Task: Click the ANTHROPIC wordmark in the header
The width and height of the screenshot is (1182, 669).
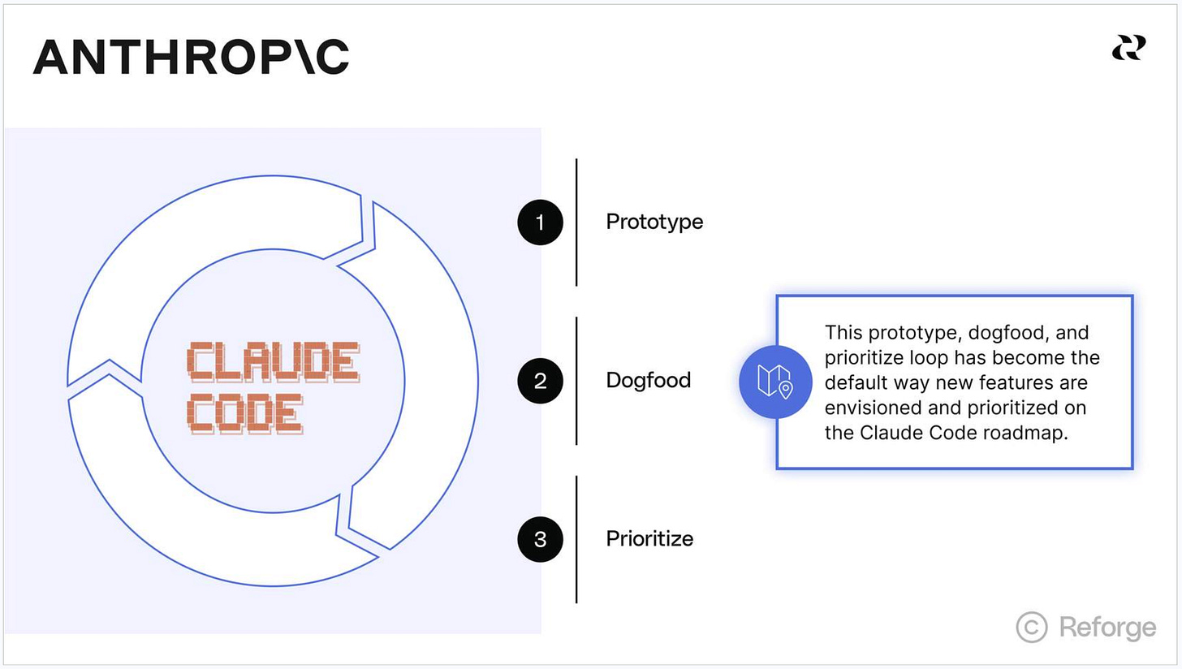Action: click(x=191, y=57)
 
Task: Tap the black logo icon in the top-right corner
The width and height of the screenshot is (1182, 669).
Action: click(x=1128, y=48)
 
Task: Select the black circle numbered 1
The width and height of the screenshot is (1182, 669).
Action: click(x=540, y=222)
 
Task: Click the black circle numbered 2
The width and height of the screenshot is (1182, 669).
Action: click(x=540, y=380)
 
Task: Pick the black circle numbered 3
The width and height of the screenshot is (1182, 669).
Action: click(x=540, y=538)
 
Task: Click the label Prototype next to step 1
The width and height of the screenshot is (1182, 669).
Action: click(x=654, y=222)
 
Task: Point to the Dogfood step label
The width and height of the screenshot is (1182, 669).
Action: click(x=648, y=380)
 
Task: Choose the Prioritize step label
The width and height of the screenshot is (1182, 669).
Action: click(x=649, y=538)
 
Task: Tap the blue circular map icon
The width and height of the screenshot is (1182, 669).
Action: click(x=775, y=382)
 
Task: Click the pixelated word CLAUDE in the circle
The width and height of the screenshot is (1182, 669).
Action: click(x=272, y=362)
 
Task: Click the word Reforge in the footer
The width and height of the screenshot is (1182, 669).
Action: click(x=1107, y=627)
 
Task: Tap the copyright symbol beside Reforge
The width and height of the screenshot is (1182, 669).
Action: click(x=1032, y=627)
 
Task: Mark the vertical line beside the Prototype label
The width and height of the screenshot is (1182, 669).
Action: click(x=576, y=222)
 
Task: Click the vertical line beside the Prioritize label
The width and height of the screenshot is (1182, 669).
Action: click(x=576, y=538)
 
